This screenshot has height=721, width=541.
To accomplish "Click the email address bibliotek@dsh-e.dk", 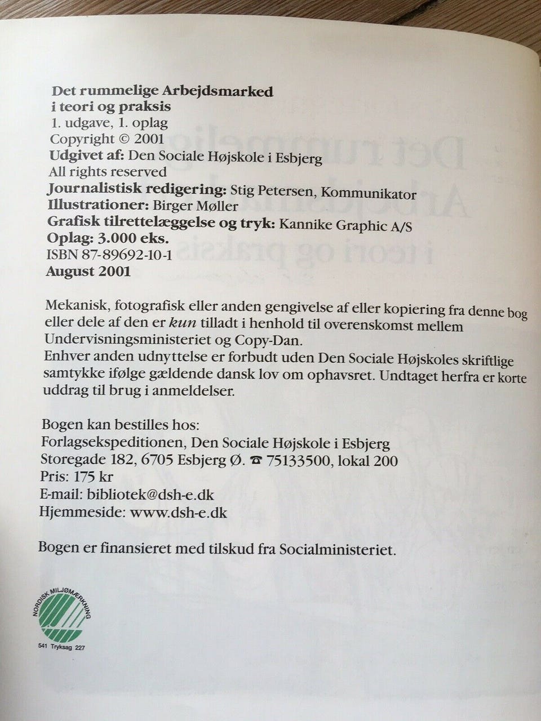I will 149,495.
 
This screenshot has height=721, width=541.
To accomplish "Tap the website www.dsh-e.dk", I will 179,513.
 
